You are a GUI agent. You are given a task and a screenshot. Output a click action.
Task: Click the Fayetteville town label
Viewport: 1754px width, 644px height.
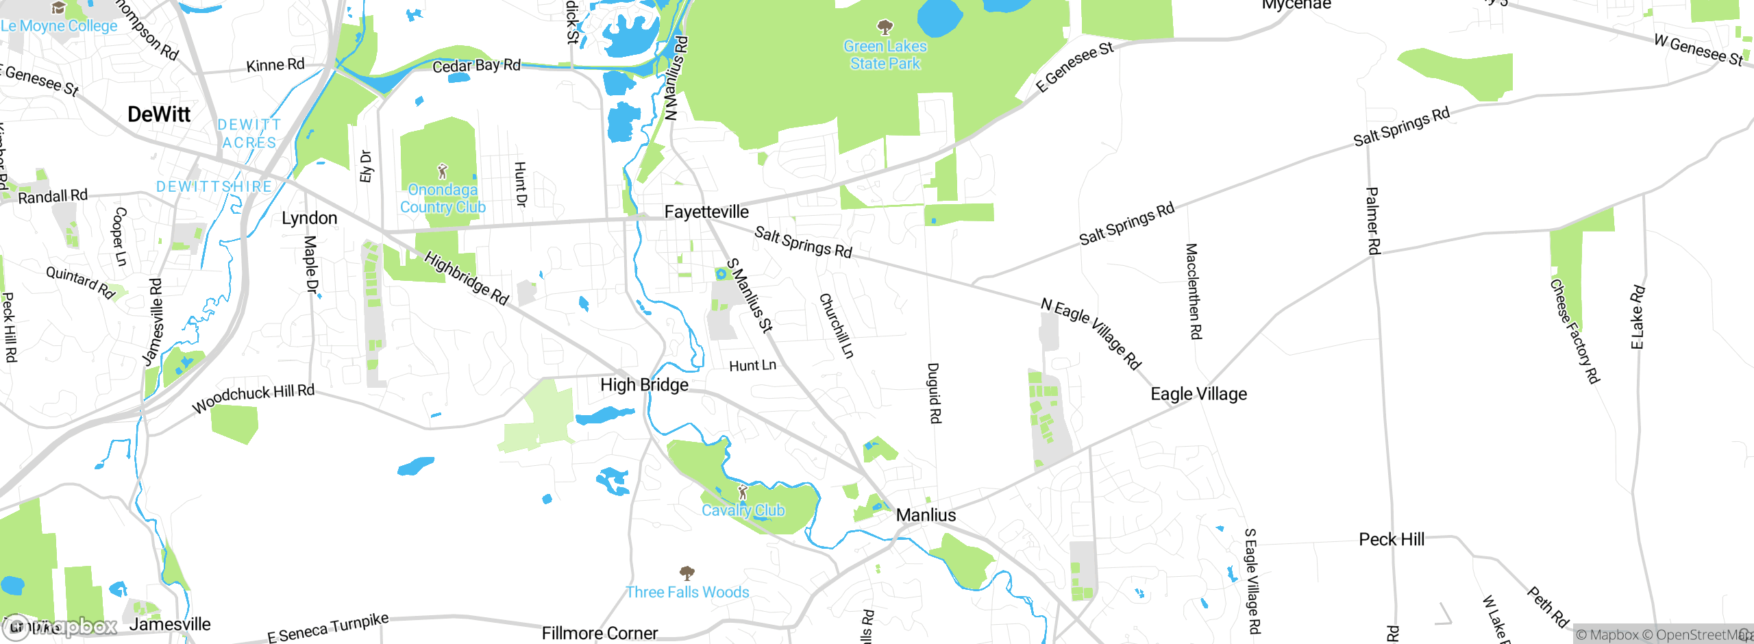[706, 212]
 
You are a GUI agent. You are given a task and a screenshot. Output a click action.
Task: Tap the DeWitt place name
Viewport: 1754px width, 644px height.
[159, 114]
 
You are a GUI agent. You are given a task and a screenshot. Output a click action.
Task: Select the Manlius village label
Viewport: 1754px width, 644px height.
[926, 515]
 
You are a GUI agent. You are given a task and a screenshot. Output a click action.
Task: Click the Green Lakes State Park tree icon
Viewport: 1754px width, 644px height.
[885, 27]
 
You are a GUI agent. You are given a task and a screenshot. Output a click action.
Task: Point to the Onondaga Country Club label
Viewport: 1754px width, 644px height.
[443, 199]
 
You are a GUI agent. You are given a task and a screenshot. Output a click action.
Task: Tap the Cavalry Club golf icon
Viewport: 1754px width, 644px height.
[743, 493]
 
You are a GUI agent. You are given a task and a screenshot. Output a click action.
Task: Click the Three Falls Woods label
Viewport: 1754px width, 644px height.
[687, 592]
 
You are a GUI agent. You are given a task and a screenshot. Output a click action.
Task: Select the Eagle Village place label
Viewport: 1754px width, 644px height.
[1198, 394]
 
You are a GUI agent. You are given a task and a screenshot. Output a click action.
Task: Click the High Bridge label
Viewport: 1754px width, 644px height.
[644, 385]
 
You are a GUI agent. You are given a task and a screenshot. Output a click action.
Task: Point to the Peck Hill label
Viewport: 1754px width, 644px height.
[1392, 540]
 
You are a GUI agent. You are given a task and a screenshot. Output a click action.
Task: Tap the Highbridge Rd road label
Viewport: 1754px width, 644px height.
[467, 278]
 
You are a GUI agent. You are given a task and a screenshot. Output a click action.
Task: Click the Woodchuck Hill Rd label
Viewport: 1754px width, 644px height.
[253, 398]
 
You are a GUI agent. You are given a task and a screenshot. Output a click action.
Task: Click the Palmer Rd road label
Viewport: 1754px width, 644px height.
[1373, 221]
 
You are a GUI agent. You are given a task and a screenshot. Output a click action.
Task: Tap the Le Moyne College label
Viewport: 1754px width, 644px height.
[59, 26]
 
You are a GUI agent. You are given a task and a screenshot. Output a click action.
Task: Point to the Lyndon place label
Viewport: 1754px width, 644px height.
[310, 219]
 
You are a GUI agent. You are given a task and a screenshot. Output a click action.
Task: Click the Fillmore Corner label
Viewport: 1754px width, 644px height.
[600, 633]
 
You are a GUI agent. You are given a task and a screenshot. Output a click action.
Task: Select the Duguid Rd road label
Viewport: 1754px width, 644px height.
[935, 393]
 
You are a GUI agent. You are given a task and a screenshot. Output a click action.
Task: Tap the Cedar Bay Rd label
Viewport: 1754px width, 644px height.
[476, 66]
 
